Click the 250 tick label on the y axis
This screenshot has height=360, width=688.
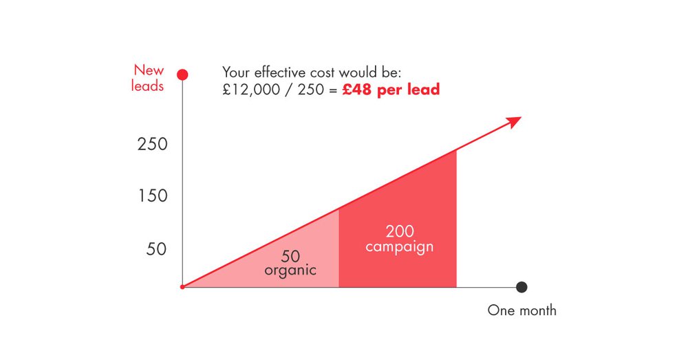(153, 144)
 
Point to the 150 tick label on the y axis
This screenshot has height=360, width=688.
(153, 195)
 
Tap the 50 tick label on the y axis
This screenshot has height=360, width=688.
(157, 249)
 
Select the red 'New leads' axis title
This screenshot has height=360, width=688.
(147, 78)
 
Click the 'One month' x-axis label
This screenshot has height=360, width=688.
(522, 310)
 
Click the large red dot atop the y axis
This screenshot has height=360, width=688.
(182, 74)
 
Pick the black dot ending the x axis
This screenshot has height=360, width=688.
(522, 287)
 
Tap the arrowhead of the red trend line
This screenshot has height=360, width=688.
(514, 122)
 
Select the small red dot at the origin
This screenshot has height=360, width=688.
(182, 287)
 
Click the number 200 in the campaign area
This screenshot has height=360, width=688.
(400, 231)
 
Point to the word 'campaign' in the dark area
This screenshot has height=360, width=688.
(399, 247)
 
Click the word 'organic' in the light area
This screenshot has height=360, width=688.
(290, 270)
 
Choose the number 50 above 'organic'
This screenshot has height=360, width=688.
(290, 256)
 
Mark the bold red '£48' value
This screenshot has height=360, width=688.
(356, 89)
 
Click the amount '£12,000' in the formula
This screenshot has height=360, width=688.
(251, 89)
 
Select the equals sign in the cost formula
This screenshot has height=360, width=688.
(333, 90)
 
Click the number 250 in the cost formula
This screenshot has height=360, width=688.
(311, 89)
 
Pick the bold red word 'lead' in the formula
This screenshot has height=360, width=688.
(423, 89)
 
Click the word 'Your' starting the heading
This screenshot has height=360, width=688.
(237, 72)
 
